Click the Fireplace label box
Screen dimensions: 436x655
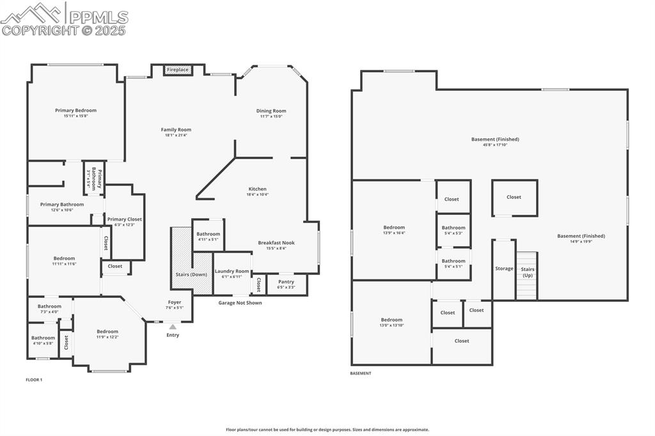tap(178, 69)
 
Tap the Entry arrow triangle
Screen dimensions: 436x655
tap(173, 327)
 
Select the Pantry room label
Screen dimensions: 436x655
tap(286, 281)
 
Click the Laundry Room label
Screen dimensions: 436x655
tap(232, 271)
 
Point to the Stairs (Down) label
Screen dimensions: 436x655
tap(191, 274)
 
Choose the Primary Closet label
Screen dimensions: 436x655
tap(125, 219)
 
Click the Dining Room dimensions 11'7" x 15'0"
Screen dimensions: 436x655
tap(271, 116)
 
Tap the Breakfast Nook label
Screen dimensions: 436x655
tap(276, 243)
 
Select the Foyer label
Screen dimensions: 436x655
tap(175, 302)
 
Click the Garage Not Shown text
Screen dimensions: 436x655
tap(240, 303)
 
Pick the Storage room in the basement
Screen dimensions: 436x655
tap(504, 269)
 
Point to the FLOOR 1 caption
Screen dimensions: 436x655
tap(34, 380)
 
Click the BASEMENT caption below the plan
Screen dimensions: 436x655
tap(360, 373)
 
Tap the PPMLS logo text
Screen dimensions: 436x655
tap(98, 17)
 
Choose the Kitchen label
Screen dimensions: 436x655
tap(257, 189)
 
